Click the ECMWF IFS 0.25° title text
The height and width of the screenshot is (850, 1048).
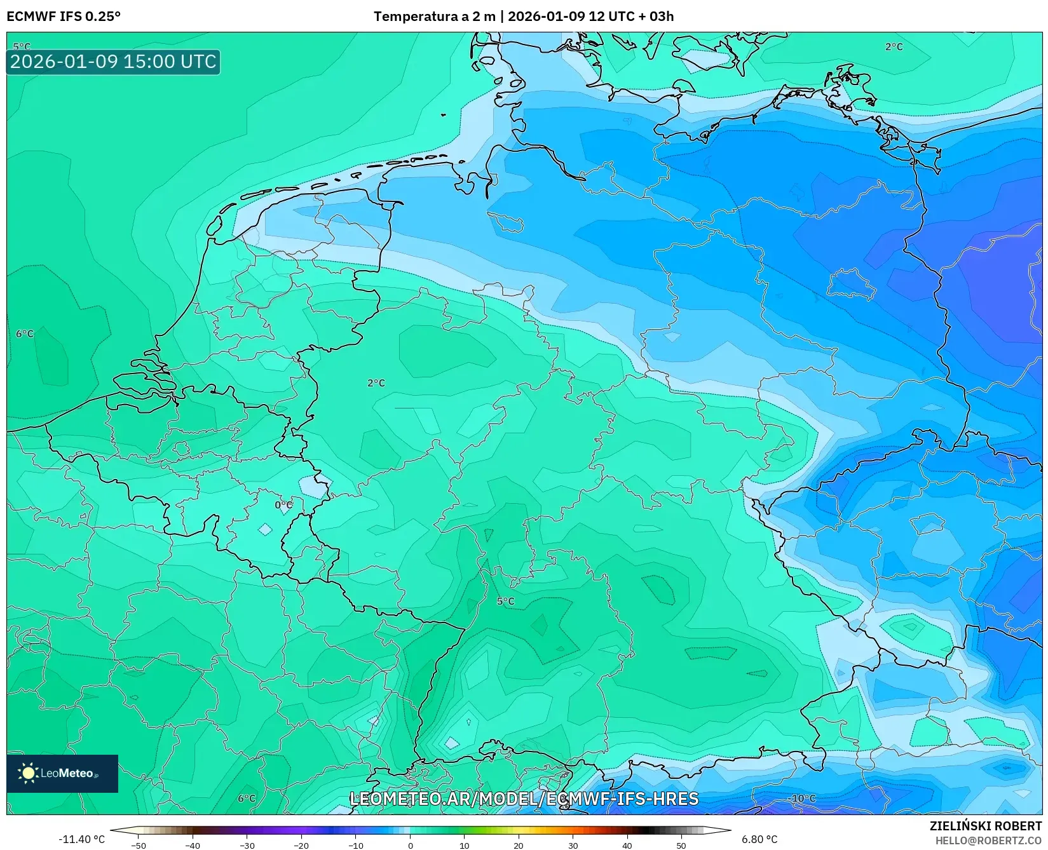point(64,16)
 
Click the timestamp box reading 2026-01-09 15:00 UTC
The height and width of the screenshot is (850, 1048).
point(113,62)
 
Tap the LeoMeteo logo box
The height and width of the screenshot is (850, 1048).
point(62,773)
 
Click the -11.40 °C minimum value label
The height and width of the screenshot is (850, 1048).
point(81,839)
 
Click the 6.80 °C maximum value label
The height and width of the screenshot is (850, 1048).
point(759,839)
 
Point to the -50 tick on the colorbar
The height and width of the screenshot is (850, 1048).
point(139,846)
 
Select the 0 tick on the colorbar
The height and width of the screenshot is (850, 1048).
point(411,846)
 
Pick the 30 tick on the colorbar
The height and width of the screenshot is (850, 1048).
point(573,846)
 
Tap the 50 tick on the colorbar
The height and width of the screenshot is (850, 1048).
point(681,846)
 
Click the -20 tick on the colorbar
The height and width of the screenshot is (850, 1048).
point(301,846)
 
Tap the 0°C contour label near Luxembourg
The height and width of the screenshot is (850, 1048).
point(284,505)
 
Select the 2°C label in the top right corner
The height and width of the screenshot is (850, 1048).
point(894,47)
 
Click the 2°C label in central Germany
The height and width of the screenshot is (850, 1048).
point(376,383)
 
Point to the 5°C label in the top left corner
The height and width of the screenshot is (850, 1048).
point(22,46)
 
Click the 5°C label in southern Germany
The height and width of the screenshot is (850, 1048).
point(506,601)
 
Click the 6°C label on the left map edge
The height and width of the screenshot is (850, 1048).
point(25,334)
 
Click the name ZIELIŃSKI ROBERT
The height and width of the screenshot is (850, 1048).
point(986,826)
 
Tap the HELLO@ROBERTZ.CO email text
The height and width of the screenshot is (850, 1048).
point(988,840)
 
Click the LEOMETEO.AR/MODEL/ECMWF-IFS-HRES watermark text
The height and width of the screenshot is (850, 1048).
point(524,799)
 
